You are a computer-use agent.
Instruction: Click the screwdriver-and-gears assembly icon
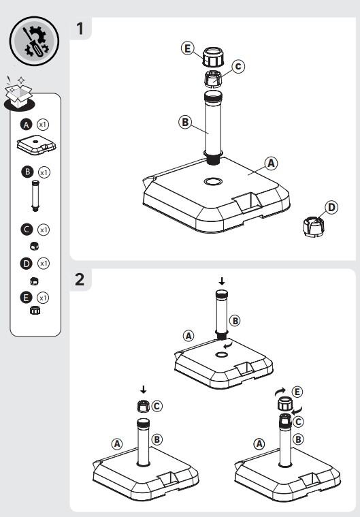tap(34, 42)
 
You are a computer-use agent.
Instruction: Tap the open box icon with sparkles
tap(19, 93)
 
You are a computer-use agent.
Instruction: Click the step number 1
tap(80, 29)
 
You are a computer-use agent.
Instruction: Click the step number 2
tap(80, 279)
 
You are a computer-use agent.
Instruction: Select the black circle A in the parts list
tap(27, 125)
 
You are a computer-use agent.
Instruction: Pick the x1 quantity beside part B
tap(44, 172)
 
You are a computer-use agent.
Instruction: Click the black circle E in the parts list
tap(27, 298)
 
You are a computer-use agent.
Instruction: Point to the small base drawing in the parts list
tap(36, 144)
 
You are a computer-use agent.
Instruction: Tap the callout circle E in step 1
tap(187, 48)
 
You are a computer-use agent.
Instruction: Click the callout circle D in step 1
tap(331, 207)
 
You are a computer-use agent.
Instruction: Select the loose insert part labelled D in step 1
tap(313, 227)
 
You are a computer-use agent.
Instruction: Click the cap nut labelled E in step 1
tap(214, 57)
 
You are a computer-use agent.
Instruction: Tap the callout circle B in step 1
tap(185, 122)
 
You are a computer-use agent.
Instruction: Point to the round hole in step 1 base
tap(213, 181)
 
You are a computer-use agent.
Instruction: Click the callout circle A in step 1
tap(271, 163)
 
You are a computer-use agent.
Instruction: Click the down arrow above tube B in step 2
tap(222, 281)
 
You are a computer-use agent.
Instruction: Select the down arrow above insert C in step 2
tap(144, 390)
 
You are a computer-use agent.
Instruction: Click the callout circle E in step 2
tap(297, 392)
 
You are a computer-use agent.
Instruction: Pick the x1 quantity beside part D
tap(43, 263)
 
